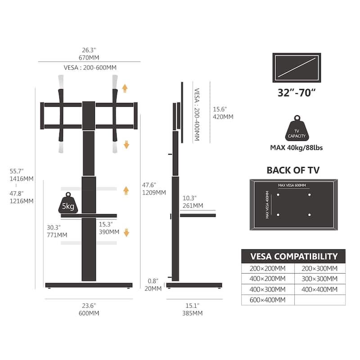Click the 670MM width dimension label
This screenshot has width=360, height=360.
[x=89, y=58]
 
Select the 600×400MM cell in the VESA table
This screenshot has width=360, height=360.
[x=268, y=300]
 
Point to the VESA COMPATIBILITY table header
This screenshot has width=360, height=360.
[x=293, y=256]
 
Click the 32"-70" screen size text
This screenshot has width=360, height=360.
[x=297, y=94]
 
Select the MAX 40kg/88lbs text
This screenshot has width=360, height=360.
[x=297, y=148]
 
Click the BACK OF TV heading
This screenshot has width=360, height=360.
[x=293, y=170]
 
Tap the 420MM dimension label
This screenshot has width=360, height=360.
[x=223, y=117]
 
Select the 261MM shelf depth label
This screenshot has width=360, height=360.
[x=193, y=206]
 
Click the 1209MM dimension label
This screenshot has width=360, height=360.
[x=154, y=192]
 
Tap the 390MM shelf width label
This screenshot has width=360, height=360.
[x=109, y=232]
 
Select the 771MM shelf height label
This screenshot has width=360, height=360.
[x=56, y=234]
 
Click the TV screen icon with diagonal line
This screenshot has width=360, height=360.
[x=297, y=68]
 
